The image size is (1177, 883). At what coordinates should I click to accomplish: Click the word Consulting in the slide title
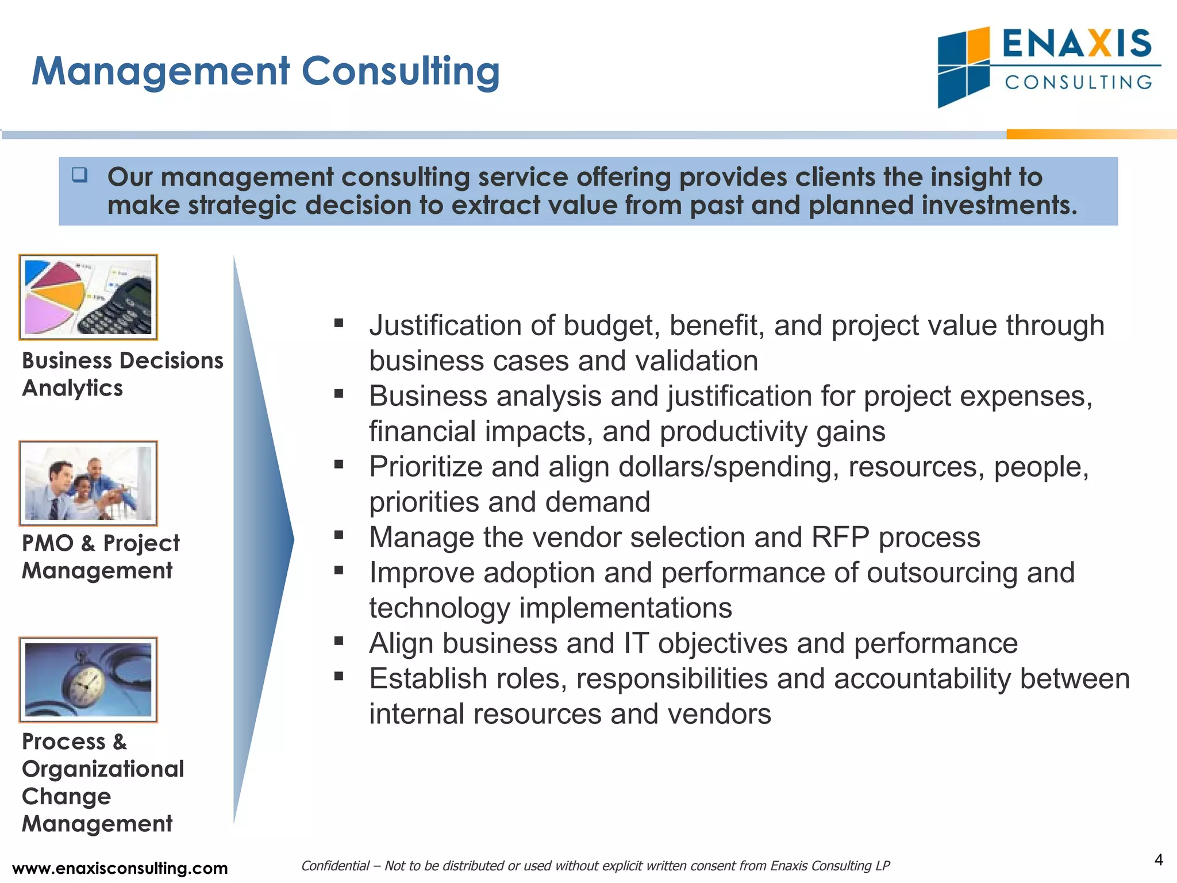click(x=401, y=71)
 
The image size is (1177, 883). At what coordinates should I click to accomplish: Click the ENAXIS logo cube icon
click(x=963, y=67)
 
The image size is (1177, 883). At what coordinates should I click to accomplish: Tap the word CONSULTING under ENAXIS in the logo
click(x=1078, y=82)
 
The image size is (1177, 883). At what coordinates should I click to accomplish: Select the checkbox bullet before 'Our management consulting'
click(x=80, y=175)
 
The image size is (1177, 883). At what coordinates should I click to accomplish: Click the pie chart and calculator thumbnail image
click(x=89, y=297)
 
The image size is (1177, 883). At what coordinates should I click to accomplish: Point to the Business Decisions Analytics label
click(x=122, y=374)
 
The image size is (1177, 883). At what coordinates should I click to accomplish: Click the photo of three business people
click(x=89, y=483)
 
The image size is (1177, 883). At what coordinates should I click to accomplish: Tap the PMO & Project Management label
click(x=100, y=556)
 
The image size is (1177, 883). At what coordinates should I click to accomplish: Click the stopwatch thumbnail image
click(x=89, y=679)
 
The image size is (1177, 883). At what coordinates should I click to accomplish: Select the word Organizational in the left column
click(x=103, y=769)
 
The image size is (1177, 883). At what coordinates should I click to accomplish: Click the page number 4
click(x=1159, y=860)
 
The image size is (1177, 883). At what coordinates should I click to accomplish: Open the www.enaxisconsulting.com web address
click(x=120, y=868)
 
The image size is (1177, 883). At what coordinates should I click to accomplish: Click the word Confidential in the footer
click(x=336, y=866)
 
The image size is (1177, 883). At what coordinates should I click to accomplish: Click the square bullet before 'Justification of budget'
click(x=339, y=324)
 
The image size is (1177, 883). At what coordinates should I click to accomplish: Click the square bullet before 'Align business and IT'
click(x=339, y=641)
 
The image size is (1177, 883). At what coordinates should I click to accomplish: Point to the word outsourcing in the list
click(x=942, y=573)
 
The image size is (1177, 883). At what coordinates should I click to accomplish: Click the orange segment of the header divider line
click(x=1091, y=135)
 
